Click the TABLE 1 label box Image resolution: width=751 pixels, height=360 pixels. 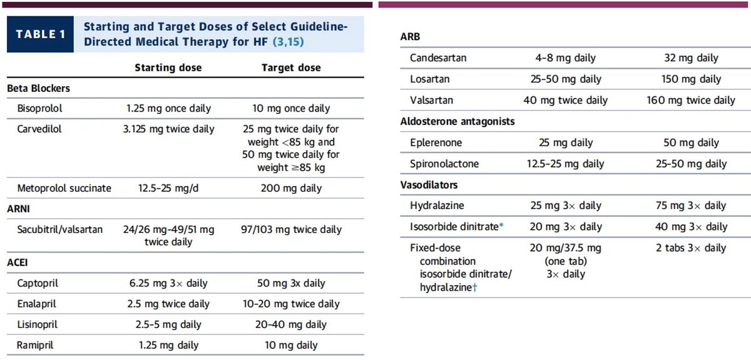41,34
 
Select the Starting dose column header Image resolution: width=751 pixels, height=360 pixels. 168,68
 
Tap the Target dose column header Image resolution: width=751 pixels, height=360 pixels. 291,68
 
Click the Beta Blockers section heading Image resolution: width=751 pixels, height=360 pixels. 38,88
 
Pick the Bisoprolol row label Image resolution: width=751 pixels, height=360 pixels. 40,108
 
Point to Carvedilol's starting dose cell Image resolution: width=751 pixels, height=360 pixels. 168,129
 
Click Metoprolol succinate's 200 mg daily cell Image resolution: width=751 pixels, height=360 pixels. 291,188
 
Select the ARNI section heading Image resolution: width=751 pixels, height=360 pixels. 19,208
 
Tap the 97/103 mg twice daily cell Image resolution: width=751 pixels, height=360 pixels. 291,229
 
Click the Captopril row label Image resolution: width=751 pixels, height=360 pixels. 38,283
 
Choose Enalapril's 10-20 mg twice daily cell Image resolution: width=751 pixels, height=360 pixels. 291,304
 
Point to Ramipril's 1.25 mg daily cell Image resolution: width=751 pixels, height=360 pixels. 168,345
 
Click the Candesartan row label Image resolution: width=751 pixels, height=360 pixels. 438,58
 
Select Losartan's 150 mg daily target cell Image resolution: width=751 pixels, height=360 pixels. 691,80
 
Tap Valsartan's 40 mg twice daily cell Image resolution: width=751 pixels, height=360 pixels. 566,100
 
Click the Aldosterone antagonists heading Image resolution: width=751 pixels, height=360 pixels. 457,121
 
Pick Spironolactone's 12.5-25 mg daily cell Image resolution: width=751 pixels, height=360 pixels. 566,164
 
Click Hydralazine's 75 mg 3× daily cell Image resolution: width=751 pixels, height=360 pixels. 691,205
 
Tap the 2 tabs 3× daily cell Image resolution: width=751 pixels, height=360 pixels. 691,248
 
